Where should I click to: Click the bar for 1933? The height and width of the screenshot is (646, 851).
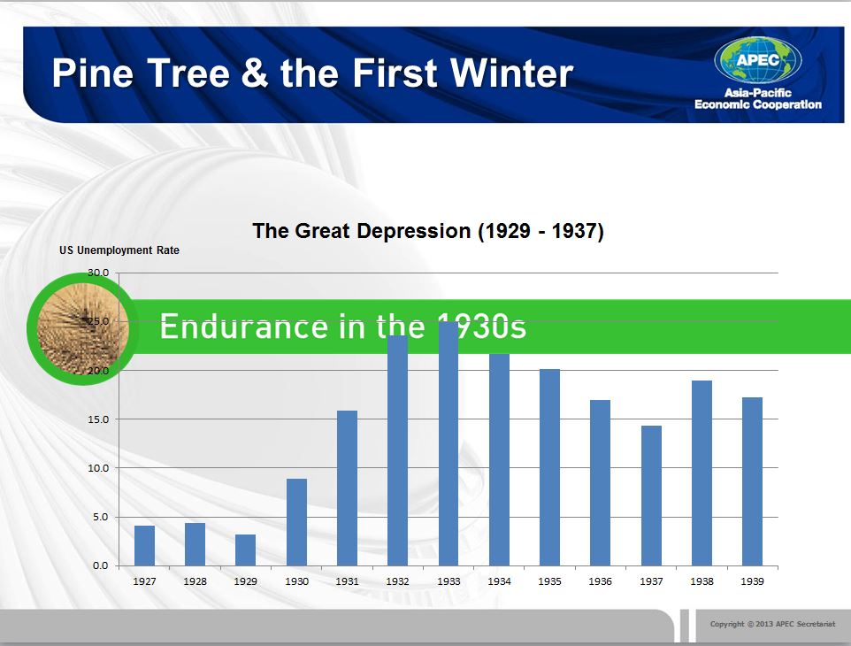click(x=448, y=443)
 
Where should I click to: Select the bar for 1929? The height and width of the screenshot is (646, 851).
click(x=245, y=550)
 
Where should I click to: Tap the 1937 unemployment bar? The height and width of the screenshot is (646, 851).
click(x=651, y=496)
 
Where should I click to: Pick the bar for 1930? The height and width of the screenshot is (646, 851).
click(x=296, y=522)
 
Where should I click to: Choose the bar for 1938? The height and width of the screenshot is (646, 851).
click(x=701, y=473)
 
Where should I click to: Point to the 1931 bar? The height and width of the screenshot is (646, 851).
click(x=348, y=488)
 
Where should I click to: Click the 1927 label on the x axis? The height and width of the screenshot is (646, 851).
click(x=144, y=581)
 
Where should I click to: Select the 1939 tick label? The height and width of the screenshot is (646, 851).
click(x=752, y=581)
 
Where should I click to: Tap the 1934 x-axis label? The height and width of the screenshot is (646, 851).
click(x=499, y=581)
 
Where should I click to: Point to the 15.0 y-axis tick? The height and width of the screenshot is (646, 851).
click(x=98, y=419)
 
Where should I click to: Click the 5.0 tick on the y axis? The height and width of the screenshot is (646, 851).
click(x=101, y=517)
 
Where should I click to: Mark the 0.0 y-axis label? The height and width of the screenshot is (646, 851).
click(x=101, y=565)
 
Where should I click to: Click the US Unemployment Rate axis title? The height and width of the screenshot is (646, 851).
click(x=119, y=250)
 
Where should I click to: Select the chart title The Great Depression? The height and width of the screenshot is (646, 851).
click(x=428, y=231)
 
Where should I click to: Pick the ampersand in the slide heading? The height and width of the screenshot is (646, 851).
click(x=255, y=73)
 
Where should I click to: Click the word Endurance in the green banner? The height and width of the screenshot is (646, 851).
click(x=243, y=327)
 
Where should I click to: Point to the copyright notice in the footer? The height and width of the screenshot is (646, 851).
click(x=773, y=624)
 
